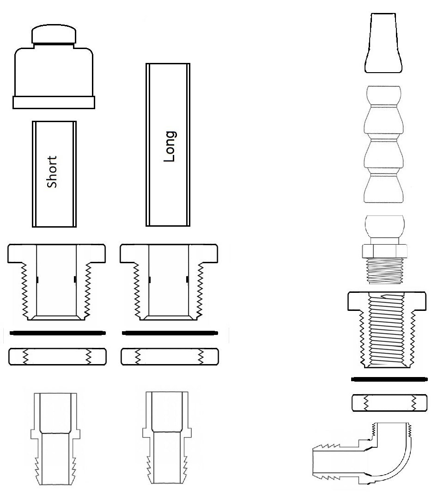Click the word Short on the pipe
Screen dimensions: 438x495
[52, 172]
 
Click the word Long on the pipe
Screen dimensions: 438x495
[170, 146]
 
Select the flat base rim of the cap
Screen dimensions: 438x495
[54, 103]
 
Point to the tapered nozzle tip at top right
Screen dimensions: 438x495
[383, 43]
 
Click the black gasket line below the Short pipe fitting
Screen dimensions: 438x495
[58, 333]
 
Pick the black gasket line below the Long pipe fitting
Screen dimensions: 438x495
[170, 333]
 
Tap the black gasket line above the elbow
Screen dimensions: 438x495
[389, 379]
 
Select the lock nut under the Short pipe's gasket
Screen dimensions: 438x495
[57, 357]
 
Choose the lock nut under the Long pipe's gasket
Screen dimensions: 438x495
[170, 357]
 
